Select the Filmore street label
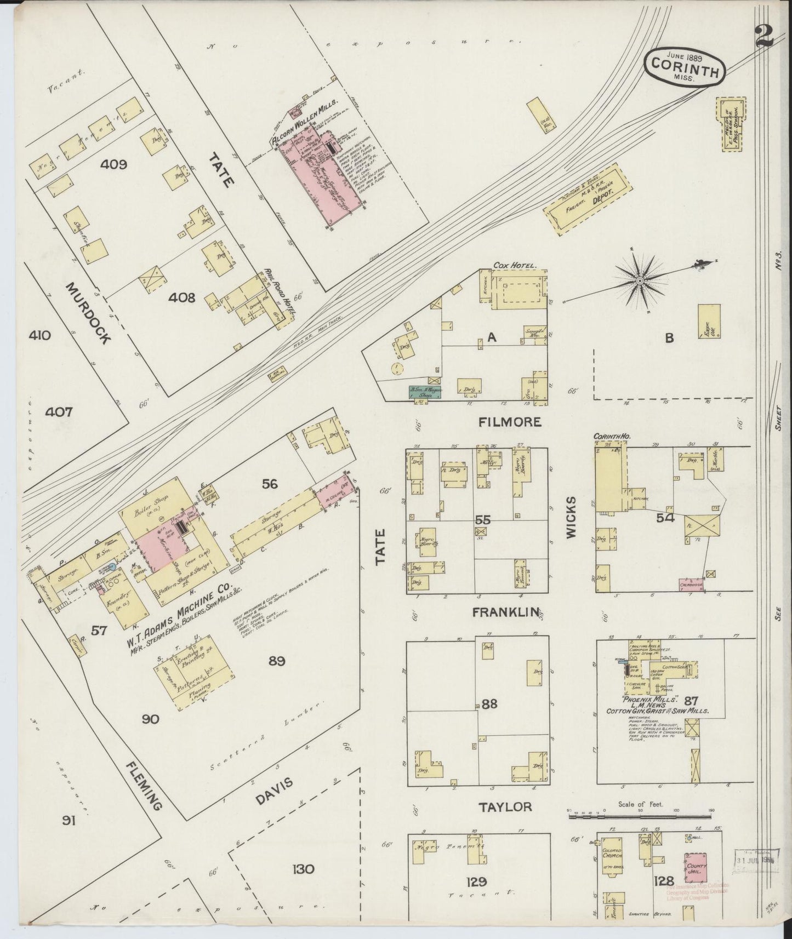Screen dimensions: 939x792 click(x=509, y=422)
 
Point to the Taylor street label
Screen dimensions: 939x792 click(x=505, y=806)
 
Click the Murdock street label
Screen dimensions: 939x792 click(x=88, y=313)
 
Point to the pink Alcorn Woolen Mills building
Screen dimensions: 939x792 click(x=321, y=178)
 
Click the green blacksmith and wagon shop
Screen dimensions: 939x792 click(x=426, y=392)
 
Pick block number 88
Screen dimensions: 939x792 click(x=489, y=703)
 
